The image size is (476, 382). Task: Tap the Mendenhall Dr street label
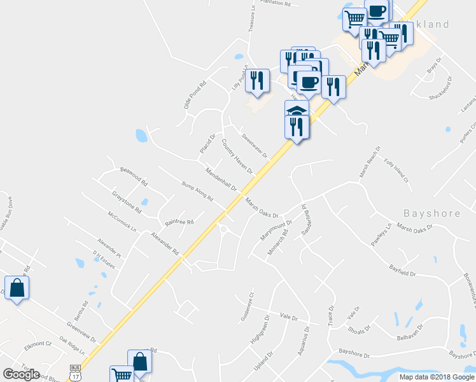tap(221, 180)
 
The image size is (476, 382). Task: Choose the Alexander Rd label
tap(165, 244)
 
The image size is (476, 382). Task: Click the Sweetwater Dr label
tap(255, 145)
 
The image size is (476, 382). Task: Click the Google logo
tap(21, 374)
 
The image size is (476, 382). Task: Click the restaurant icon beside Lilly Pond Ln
tap(256, 80)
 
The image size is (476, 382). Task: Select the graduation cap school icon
tap(296, 110)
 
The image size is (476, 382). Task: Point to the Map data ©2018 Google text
tap(436, 377)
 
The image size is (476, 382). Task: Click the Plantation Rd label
tap(275, 4)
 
